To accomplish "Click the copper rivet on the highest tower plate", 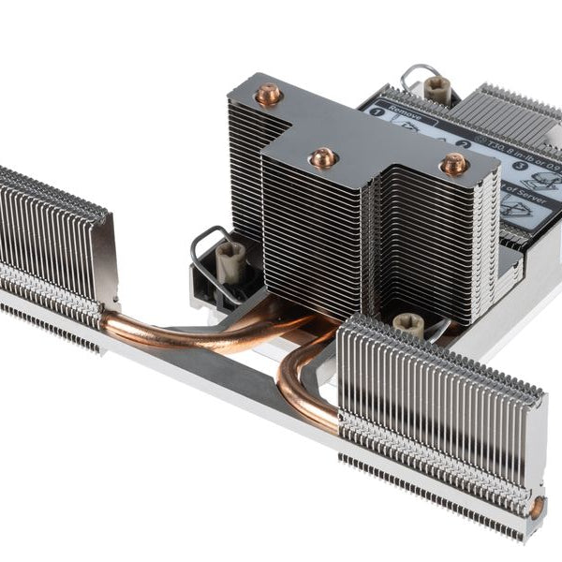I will click(269, 95).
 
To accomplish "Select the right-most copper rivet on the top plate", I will click(454, 164).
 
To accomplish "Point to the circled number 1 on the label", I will click(377, 111).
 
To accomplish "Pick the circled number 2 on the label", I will click(464, 144).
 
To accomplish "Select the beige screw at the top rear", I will click(436, 89).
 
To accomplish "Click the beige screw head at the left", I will click(230, 261).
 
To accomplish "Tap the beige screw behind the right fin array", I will click(409, 323).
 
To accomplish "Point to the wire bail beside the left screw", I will click(204, 248).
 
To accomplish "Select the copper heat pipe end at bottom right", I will click(537, 508).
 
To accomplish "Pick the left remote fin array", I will click(52, 248).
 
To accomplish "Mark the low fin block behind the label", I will click(510, 112).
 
